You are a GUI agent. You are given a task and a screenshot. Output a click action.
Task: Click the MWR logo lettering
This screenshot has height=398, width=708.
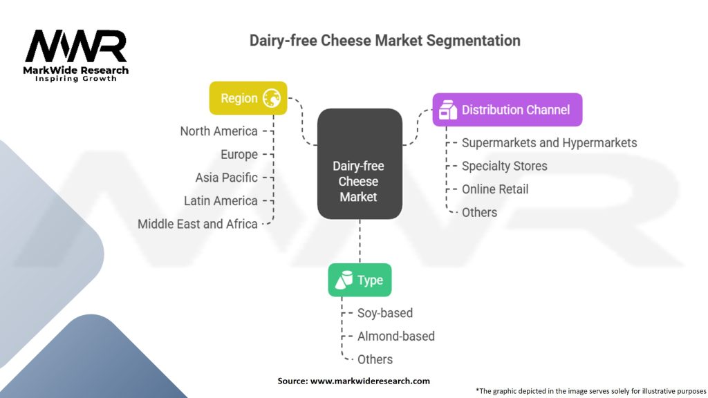click(x=76, y=46)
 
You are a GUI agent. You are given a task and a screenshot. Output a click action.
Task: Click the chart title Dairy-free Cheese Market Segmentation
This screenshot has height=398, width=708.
click(x=384, y=41)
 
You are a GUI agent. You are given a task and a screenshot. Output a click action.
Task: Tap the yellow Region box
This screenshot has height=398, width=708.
click(x=248, y=98)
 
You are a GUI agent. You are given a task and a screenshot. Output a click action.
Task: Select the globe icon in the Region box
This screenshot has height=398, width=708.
click(x=272, y=98)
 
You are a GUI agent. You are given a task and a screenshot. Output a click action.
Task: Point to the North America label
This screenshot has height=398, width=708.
click(x=219, y=131)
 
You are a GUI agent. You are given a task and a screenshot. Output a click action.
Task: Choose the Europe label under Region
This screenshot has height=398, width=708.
click(x=239, y=155)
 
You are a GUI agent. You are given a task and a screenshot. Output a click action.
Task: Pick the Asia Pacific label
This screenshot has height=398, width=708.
click(x=227, y=178)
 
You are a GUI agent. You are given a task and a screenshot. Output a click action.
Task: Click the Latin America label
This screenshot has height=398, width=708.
click(x=221, y=201)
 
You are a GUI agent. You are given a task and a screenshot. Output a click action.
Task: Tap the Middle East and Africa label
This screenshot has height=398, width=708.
click(x=198, y=225)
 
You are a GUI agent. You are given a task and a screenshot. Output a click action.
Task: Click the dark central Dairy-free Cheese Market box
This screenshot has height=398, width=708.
click(x=360, y=164)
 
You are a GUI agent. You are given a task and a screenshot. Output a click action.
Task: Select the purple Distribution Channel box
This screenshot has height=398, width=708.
click(x=507, y=110)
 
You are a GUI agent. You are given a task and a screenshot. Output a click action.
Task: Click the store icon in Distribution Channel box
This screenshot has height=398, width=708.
click(x=448, y=110)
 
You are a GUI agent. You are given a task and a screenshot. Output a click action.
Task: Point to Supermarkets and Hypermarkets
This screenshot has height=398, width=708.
click(x=550, y=143)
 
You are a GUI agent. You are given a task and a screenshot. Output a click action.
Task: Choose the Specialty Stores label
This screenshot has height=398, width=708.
click(x=504, y=166)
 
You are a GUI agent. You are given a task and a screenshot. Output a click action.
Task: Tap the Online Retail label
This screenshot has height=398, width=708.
click(x=495, y=189)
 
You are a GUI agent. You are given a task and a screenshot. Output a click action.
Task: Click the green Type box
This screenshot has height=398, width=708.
click(x=360, y=280)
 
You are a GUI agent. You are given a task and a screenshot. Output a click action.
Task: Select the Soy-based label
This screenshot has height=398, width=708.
click(x=385, y=313)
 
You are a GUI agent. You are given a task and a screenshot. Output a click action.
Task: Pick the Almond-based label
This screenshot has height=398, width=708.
click(x=396, y=337)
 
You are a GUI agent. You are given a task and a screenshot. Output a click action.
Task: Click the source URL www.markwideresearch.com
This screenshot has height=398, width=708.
click(x=370, y=381)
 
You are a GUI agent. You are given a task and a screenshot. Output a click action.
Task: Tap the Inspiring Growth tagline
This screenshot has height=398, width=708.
click(x=76, y=79)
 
